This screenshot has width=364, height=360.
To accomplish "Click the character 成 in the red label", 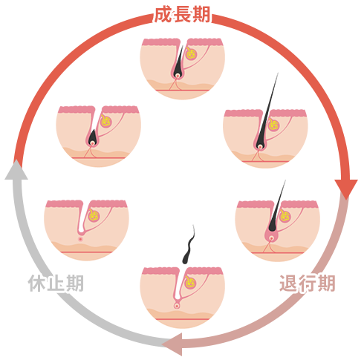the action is [x=163, y=15].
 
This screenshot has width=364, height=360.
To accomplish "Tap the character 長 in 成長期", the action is [x=182, y=15].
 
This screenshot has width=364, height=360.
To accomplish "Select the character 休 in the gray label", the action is [x=36, y=283].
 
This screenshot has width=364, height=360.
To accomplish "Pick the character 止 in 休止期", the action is [x=56, y=283].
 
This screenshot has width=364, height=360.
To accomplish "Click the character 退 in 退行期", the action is [x=288, y=283].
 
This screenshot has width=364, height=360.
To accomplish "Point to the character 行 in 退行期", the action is [x=308, y=283].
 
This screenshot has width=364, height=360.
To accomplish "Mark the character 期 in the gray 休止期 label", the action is [x=74, y=283].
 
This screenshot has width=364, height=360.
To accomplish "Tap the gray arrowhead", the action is [x=16, y=170].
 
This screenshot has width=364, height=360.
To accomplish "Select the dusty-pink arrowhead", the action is [x=172, y=344].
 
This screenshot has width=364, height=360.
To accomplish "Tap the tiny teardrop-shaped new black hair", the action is [x=92, y=137].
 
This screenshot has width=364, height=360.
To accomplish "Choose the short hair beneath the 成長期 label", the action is [x=178, y=61].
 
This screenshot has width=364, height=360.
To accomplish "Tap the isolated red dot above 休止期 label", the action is [x=80, y=239].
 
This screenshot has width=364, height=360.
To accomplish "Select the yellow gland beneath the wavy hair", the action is [x=189, y=282].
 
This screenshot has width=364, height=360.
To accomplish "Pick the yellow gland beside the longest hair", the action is [x=273, y=125].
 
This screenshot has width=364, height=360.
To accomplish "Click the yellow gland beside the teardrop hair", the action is [x=106, y=121].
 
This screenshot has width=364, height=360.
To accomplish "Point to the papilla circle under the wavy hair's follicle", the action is [x=177, y=306].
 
